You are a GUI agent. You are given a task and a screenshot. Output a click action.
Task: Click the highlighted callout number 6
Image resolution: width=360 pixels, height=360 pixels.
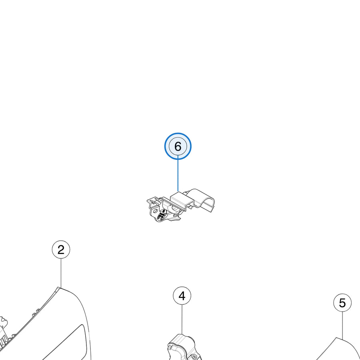tap(178, 146)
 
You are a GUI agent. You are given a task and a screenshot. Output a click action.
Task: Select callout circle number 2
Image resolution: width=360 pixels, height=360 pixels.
tap(61, 249)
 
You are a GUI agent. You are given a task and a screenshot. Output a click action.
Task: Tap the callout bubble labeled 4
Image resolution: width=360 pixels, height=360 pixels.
tap(182, 296)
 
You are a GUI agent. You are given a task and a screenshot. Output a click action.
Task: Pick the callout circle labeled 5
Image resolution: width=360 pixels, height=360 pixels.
tap(342, 303)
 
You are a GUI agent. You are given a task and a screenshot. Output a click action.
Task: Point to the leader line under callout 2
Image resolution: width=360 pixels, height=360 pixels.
tap(61, 273)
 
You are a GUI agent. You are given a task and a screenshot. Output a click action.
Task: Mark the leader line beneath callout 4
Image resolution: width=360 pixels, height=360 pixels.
tap(182, 319)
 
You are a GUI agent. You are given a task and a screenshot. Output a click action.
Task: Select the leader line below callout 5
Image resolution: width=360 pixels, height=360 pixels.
tap(342, 326)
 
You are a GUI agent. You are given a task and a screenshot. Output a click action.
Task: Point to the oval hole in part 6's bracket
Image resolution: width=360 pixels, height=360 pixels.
tap(155, 211)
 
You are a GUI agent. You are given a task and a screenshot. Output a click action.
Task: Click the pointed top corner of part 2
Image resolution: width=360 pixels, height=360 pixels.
tap(58, 288)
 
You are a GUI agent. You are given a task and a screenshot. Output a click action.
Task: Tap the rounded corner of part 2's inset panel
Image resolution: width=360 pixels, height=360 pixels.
tap(82, 327)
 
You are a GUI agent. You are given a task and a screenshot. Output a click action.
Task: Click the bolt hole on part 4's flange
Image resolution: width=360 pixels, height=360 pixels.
tap(194, 357)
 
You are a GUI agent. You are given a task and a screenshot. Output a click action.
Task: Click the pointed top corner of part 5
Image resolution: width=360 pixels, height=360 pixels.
tap(336, 338)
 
